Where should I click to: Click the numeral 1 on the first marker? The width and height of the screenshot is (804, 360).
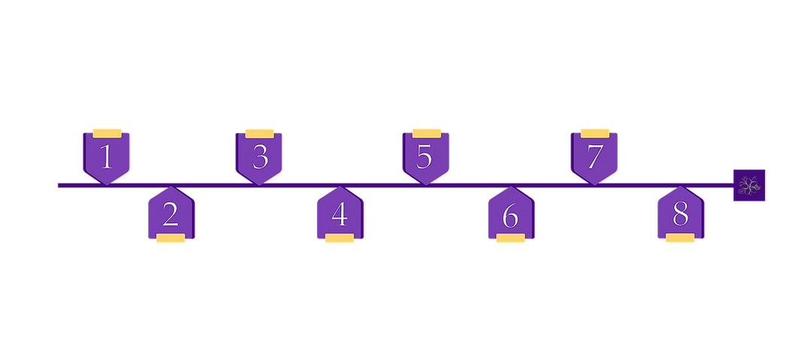(x=106, y=156)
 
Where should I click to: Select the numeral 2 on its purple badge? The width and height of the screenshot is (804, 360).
(x=171, y=216)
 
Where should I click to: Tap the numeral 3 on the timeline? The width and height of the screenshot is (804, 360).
(x=260, y=157)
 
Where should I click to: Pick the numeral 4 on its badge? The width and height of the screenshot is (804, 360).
(x=340, y=216)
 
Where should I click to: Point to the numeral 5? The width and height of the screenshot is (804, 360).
(x=424, y=157)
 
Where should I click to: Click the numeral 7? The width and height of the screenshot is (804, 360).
(x=595, y=156)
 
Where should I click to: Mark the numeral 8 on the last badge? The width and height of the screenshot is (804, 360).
(x=681, y=216)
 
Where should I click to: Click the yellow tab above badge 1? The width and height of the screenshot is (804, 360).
(x=107, y=133)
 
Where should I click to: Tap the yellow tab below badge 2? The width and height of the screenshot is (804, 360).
(x=171, y=238)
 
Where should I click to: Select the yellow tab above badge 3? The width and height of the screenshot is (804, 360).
(x=259, y=134)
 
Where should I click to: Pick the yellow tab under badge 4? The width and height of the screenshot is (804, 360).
(x=340, y=238)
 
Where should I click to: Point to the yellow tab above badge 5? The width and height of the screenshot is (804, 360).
(x=427, y=133)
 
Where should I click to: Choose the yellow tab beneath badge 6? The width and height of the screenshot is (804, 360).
(x=511, y=238)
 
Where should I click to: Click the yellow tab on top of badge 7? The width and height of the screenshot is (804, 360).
(x=595, y=133)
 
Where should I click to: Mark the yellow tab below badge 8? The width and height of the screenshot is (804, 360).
(x=680, y=238)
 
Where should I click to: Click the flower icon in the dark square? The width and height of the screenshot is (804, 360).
(x=748, y=186)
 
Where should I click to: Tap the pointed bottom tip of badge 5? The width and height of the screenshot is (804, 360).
(x=425, y=185)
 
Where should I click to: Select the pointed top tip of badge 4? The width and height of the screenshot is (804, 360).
(x=340, y=186)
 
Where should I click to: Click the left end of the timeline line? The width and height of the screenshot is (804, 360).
(x=58, y=185)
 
